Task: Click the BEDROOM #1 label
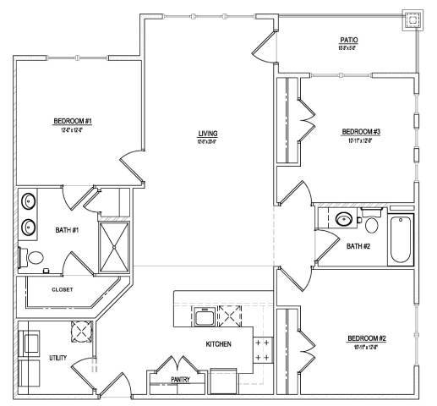[x=72, y=121]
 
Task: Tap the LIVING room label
[x=208, y=134]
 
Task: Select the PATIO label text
[x=348, y=40]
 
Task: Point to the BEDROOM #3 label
[x=361, y=131]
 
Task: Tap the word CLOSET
[x=62, y=289]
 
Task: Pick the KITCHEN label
[x=219, y=344]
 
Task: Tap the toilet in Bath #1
[x=36, y=258]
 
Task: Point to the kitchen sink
[x=203, y=318]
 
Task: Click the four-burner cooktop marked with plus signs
[x=262, y=350]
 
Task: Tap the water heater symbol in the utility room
[x=81, y=331]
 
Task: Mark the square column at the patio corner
[x=412, y=20]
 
